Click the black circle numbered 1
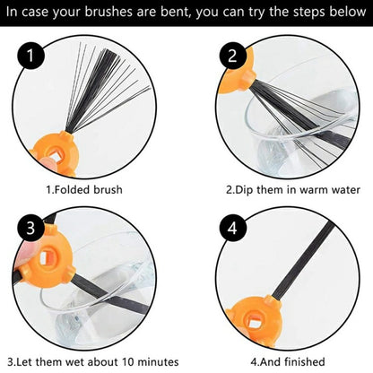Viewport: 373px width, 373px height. click(30, 56)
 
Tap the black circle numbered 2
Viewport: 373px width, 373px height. click(233, 56)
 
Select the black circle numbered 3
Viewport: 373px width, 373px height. click(30, 228)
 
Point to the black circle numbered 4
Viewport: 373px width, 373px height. click(233, 228)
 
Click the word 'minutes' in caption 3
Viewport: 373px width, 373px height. click(158, 362)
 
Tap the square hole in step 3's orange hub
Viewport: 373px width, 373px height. click(45, 258)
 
